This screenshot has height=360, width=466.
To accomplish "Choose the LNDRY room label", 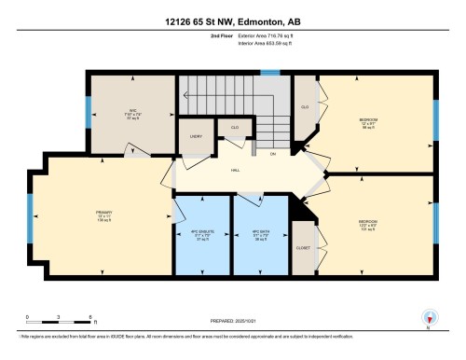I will pos(196,135).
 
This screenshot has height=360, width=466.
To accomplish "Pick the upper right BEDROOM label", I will pos(368,121).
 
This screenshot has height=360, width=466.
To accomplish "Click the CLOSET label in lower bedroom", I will pos(304,249).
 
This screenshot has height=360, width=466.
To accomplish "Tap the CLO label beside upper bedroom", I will pos(305,107).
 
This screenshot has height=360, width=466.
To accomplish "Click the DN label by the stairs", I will pos(274,153).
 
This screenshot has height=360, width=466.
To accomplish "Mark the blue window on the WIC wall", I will pos(89,113).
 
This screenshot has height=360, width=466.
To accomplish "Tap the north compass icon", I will pos(430,318).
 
